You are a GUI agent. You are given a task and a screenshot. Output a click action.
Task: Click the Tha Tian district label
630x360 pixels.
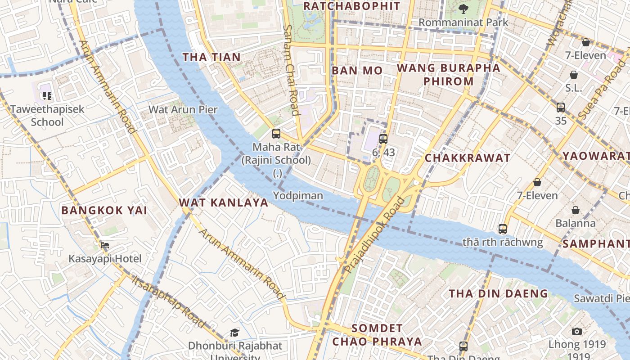pos(211,57)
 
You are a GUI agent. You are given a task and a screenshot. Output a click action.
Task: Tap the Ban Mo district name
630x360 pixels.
pos(357,71)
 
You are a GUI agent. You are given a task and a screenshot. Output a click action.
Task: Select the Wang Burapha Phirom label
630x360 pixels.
pos(448,75)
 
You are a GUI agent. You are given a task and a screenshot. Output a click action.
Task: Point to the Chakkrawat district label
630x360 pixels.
pos(468,158)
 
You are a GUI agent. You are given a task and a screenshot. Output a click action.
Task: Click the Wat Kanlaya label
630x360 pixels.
pos(224,202)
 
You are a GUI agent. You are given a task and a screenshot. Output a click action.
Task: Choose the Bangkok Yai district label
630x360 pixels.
pos(104,210)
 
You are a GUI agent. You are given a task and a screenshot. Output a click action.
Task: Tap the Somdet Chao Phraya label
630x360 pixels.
pos(377,335)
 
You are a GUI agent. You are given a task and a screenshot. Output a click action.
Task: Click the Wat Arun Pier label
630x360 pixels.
pos(183,109)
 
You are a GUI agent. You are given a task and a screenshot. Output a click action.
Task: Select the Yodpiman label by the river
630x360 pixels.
pos(298,195)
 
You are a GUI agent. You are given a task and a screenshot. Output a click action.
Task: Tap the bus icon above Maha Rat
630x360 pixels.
pos(276,134)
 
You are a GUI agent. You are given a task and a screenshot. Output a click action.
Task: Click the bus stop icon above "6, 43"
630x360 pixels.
pos(383,139)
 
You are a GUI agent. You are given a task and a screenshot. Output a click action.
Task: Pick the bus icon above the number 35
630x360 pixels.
pos(560,108)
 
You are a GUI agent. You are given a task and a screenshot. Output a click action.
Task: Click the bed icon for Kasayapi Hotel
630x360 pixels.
pos(105,245)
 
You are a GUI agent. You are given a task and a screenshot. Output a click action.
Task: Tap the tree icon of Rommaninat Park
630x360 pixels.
pos(463,9)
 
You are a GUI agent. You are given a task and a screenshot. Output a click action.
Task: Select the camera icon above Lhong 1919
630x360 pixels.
pos(576,331)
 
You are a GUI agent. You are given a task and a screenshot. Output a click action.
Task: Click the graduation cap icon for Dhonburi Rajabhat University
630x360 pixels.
pos(234,333)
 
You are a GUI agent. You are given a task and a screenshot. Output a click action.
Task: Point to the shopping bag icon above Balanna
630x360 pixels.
pos(575,210)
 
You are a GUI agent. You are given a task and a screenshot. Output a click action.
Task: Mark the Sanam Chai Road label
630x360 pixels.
pos(291,70)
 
